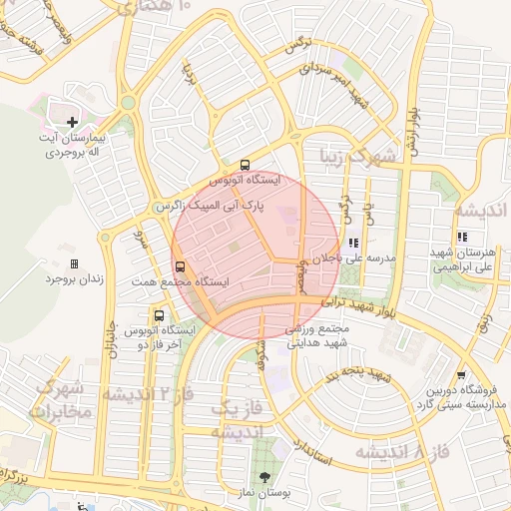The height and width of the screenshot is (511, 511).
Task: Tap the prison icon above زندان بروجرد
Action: [x=74, y=263]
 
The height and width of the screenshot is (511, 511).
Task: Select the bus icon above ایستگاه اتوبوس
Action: [x=246, y=166]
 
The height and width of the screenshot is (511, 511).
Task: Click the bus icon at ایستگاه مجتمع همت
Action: [x=181, y=266]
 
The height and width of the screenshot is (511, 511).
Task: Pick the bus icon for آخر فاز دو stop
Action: [x=159, y=316]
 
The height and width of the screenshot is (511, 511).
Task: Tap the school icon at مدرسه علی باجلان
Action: [x=353, y=242]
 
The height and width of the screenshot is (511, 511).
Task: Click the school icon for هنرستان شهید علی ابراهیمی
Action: [x=461, y=237]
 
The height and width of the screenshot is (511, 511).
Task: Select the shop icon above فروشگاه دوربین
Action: [x=460, y=374]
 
